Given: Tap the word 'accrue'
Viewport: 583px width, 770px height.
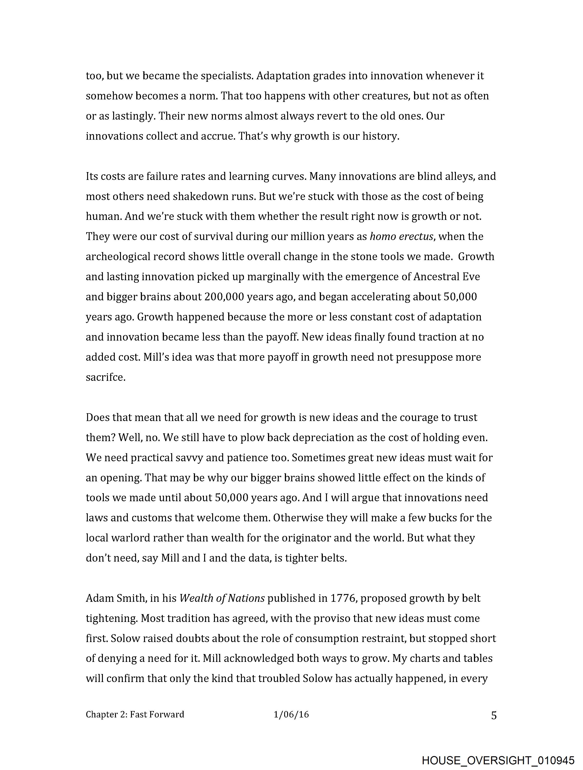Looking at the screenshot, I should coord(218,136).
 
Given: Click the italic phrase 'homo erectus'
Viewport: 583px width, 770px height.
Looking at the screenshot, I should coord(401,237).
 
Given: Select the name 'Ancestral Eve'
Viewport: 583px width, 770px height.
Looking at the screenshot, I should coord(447,277).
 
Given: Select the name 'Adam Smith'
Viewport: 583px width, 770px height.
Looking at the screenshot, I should coord(115,598).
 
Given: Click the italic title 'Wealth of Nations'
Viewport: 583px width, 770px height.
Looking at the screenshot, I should coord(222,598).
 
